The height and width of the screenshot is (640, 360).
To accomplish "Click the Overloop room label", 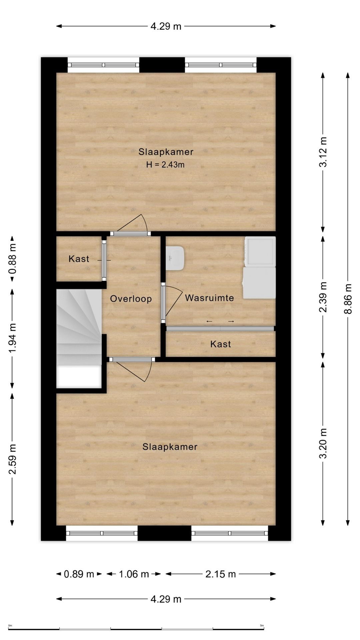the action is click(x=131, y=299).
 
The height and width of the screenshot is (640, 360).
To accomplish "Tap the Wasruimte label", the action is click(x=209, y=298).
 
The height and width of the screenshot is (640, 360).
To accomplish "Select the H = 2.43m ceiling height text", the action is click(x=165, y=164).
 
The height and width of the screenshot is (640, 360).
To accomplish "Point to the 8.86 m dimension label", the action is click(x=348, y=299).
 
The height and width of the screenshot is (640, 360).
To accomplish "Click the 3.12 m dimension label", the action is click(x=323, y=152).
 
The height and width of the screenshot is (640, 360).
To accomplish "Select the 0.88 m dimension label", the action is click(x=12, y=259).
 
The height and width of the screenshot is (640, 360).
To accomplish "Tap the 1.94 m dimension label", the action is click(x=12, y=338).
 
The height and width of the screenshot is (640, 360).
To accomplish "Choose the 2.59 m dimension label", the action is click(x=12, y=459).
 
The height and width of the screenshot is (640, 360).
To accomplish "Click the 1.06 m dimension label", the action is click(x=134, y=574).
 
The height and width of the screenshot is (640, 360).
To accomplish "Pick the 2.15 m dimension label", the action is click(x=221, y=574).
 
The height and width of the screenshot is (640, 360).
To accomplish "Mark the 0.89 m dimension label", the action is click(x=79, y=574).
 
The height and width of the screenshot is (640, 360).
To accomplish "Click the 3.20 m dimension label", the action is click(x=323, y=443).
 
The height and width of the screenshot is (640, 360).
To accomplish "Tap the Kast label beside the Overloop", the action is click(x=79, y=259).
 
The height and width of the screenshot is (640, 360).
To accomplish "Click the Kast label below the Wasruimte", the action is click(x=221, y=344).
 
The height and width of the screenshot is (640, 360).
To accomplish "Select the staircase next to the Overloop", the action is click(x=79, y=338).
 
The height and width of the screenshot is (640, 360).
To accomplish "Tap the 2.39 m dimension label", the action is click(x=323, y=297).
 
